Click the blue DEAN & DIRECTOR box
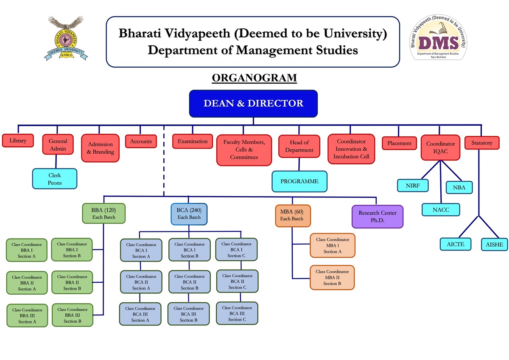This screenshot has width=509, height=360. [x=253, y=104]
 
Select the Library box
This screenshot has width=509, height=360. [x=18, y=141]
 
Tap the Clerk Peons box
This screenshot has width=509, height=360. [x=55, y=179]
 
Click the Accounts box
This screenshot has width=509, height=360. [x=141, y=141]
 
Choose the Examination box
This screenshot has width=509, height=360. [x=193, y=141]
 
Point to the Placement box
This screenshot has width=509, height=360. [x=399, y=143]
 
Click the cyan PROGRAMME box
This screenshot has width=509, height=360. [x=299, y=181]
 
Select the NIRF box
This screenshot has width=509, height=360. [x=413, y=186]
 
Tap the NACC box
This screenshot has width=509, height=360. [x=441, y=210]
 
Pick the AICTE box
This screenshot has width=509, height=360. [x=455, y=244]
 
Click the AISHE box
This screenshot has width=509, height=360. [x=495, y=245]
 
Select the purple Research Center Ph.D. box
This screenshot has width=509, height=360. [x=377, y=217]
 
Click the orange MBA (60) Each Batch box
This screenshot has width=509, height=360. [x=292, y=215]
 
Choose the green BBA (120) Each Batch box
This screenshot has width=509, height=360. [x=104, y=214]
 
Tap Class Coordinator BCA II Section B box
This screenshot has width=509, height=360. [x=189, y=282]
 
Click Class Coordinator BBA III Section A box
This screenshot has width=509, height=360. [x=27, y=315]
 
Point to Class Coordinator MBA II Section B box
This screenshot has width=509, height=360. [x=332, y=278]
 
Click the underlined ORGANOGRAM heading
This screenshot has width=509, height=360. [x=254, y=78]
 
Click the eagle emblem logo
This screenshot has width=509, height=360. [x=65, y=38]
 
